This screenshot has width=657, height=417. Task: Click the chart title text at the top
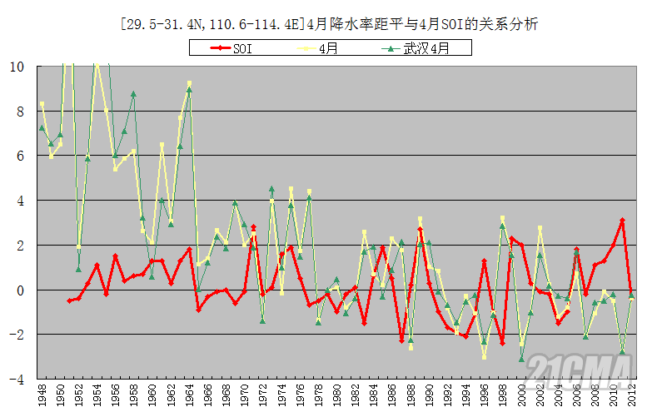(329, 24)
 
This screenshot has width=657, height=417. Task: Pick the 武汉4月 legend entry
(426, 49)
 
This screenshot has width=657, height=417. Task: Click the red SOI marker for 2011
(622, 221)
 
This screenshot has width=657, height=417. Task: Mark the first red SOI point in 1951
(69, 300)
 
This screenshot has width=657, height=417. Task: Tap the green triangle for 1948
(42, 128)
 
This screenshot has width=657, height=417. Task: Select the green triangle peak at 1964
(189, 90)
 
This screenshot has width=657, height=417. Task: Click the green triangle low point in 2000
(521, 359)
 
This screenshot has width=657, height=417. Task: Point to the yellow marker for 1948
(42, 104)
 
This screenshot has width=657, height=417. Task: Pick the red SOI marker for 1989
(420, 230)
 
